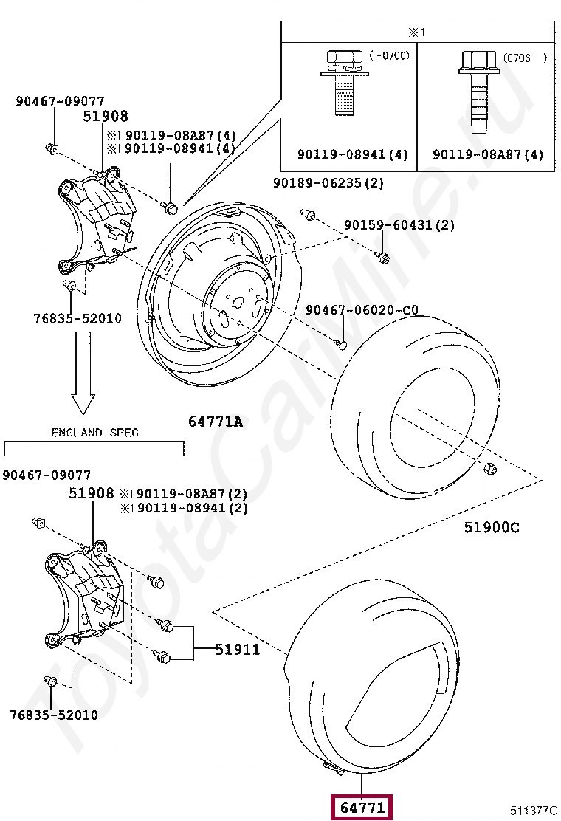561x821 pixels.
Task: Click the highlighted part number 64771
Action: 362,808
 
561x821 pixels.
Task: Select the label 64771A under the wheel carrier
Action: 215,422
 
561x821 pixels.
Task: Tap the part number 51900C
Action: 492,527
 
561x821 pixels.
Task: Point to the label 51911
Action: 238,650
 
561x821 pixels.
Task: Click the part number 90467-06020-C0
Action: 362,310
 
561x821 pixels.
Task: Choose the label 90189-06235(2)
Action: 328,183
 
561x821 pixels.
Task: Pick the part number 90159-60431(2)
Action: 399,225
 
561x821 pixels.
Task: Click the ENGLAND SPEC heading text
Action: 94,433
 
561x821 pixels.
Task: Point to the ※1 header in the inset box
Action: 418,32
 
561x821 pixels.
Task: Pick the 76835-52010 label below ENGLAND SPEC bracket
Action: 53,715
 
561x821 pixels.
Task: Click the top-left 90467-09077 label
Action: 60,102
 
